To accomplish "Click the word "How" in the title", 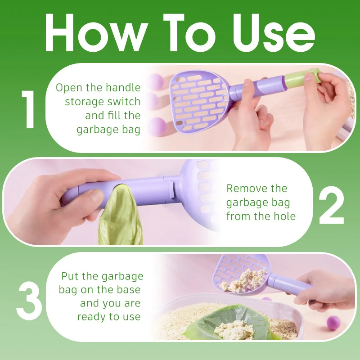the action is pyautogui.click(x=96, y=32).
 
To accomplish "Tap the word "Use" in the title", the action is pyautogui.click(x=274, y=32).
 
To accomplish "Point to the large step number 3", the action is pyautogui.click(x=29, y=301).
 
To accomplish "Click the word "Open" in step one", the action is pyautogui.click(x=69, y=88).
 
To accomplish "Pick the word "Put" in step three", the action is pyautogui.click(x=70, y=276).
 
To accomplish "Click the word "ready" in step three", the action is pyautogui.click(x=91, y=317).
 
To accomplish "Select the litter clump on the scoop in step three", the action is pyautogui.click(x=243, y=280).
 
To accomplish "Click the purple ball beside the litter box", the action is pyautogui.click(x=333, y=323).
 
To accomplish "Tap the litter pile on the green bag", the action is pyautogui.click(x=234, y=330).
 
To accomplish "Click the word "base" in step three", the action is pyautogui.click(x=128, y=290).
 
